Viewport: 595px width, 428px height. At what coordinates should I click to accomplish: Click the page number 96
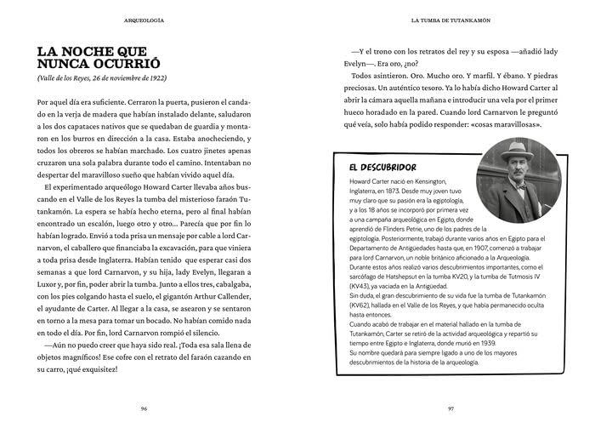[144, 408]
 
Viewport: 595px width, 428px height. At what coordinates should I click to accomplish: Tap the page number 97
[450, 408]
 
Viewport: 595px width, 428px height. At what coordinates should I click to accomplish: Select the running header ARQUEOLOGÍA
[144, 17]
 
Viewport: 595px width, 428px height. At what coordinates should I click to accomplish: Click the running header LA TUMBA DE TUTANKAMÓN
[450, 17]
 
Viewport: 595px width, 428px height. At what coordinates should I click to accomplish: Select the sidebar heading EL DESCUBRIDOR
[382, 167]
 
